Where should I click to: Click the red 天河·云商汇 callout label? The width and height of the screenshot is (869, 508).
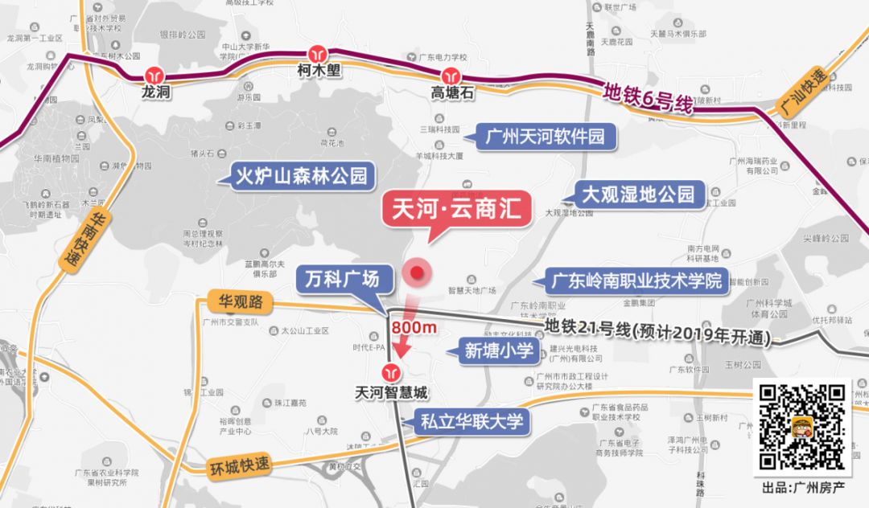(x=456, y=207)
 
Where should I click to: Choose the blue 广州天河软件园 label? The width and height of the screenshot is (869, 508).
(x=546, y=135)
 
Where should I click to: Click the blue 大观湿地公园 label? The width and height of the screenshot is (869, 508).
(x=638, y=194)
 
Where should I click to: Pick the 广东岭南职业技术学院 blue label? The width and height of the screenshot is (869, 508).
(x=636, y=281)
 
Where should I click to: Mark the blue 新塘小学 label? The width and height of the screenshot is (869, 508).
(x=499, y=350)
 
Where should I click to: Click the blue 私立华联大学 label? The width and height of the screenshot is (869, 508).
(x=471, y=420)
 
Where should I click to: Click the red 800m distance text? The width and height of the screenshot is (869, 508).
(x=414, y=327)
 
